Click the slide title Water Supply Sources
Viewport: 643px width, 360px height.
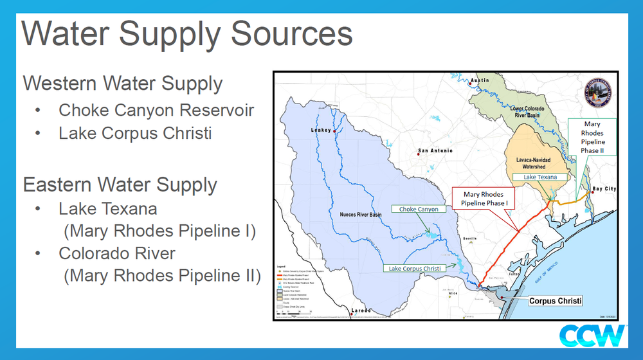(x=187, y=33)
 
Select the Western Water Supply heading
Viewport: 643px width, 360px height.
(x=123, y=84)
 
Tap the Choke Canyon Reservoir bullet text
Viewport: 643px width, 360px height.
(x=156, y=110)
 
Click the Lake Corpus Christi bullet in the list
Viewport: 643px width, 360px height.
(x=135, y=133)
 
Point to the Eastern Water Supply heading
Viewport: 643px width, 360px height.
(x=120, y=184)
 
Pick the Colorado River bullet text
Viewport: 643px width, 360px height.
(x=117, y=253)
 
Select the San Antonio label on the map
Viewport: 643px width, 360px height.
(x=435, y=151)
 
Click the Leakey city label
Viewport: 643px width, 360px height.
(x=321, y=130)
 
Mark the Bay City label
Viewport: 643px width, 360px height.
(x=604, y=189)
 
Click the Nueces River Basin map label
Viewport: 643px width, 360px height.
(x=361, y=213)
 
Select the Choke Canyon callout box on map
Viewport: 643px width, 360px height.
(x=419, y=209)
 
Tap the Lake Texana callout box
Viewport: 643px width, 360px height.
(x=539, y=177)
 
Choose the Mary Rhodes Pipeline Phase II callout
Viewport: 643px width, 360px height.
(x=592, y=137)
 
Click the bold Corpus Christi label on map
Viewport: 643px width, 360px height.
(x=555, y=301)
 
